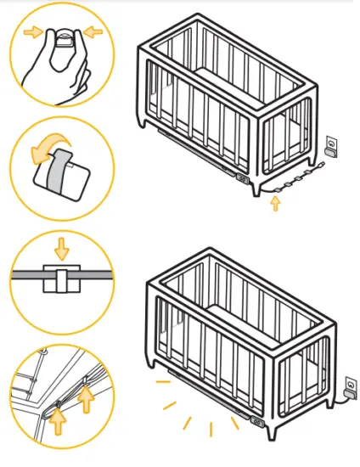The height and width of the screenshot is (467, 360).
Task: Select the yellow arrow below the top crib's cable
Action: [x=274, y=203]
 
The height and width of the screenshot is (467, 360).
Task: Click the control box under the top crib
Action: [x=241, y=178]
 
